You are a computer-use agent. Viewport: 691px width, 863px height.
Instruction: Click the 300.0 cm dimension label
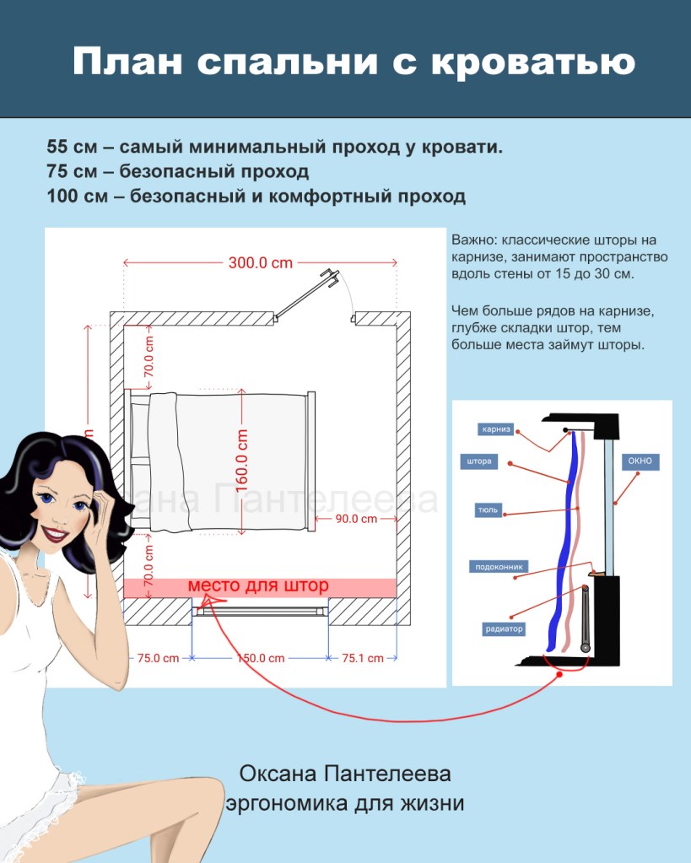pos(260,262)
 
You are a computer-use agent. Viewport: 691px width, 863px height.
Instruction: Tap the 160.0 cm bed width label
pos(243,461)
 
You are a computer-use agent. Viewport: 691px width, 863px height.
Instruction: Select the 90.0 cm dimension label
pos(356,519)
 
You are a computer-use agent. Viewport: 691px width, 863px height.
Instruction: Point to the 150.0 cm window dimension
pos(259,658)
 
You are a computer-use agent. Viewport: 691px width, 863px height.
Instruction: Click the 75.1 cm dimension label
pos(362,658)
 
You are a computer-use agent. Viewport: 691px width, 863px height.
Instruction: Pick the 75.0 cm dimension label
pos(158,658)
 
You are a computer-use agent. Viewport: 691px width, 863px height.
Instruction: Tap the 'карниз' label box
pos(495,429)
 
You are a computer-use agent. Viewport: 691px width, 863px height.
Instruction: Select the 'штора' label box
pos(478,461)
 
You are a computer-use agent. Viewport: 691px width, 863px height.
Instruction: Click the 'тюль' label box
pos(487,510)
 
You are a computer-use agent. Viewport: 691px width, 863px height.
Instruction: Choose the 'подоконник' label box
pos(500,567)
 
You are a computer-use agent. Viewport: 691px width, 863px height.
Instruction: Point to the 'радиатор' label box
pos(505,628)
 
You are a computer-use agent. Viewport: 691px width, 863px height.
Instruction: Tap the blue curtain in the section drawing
pos(567,540)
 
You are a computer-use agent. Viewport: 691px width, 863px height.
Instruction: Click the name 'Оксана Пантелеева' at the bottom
pos(345,774)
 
